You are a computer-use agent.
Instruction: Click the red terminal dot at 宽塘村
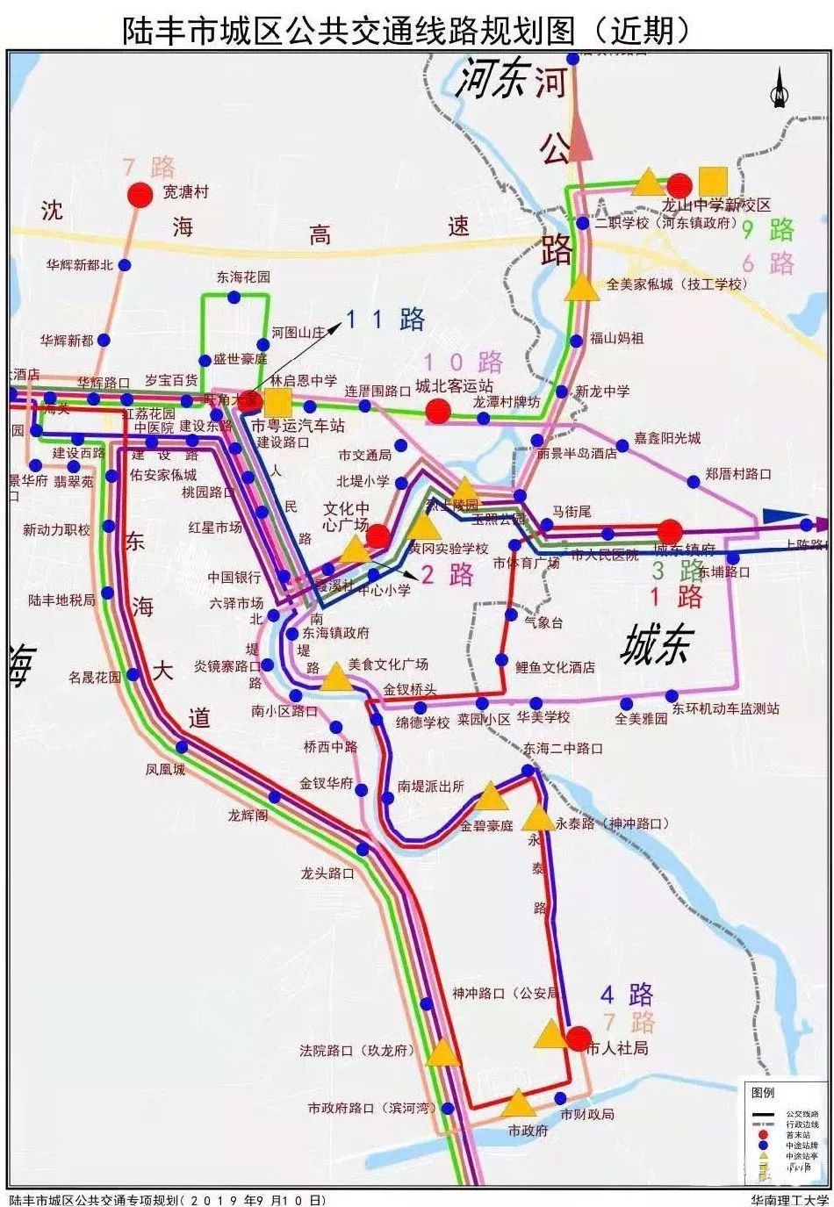click(x=139, y=195)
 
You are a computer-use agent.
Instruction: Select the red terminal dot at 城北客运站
click(x=438, y=411)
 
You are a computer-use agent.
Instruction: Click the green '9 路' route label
click(x=768, y=231)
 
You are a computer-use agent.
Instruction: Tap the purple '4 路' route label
click(x=627, y=995)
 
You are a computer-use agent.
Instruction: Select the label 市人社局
click(x=617, y=1048)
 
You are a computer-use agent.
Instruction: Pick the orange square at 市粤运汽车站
click(x=278, y=403)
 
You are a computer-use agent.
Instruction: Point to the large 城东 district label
click(x=656, y=646)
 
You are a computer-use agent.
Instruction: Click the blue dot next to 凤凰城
click(x=182, y=747)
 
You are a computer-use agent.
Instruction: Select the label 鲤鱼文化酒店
click(x=555, y=667)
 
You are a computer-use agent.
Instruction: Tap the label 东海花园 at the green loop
click(x=243, y=277)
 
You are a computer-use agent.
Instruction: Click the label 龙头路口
click(x=327, y=873)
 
